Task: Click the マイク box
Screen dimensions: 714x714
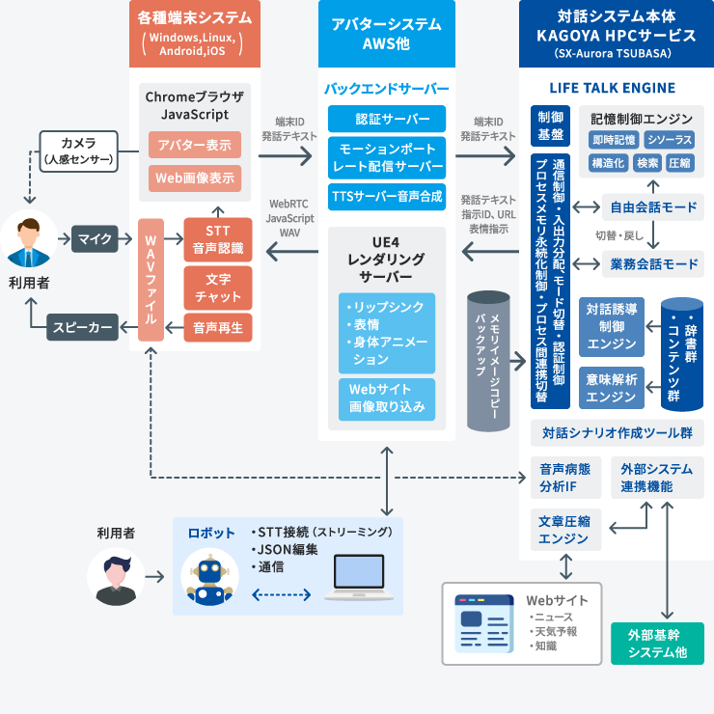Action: coord(95,237)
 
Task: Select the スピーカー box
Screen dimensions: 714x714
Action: coord(82,327)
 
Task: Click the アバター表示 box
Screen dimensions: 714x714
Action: coord(194,146)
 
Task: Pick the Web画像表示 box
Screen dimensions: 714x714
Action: coord(194,178)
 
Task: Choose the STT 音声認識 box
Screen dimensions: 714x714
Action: coord(217,239)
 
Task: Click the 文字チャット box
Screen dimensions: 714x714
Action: coord(217,287)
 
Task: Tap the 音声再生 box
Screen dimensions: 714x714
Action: coord(217,327)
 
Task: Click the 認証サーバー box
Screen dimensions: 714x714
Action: coord(386,119)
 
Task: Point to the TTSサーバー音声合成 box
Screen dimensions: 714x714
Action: coord(386,196)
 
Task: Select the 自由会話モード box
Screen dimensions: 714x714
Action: coord(653,206)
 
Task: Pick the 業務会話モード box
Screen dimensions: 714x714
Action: coord(653,263)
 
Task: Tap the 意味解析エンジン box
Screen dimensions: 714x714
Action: coord(612,386)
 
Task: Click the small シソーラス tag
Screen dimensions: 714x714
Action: coord(669,140)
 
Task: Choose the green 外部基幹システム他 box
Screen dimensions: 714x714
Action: coord(657,644)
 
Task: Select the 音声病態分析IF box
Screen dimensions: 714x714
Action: coord(565,477)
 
